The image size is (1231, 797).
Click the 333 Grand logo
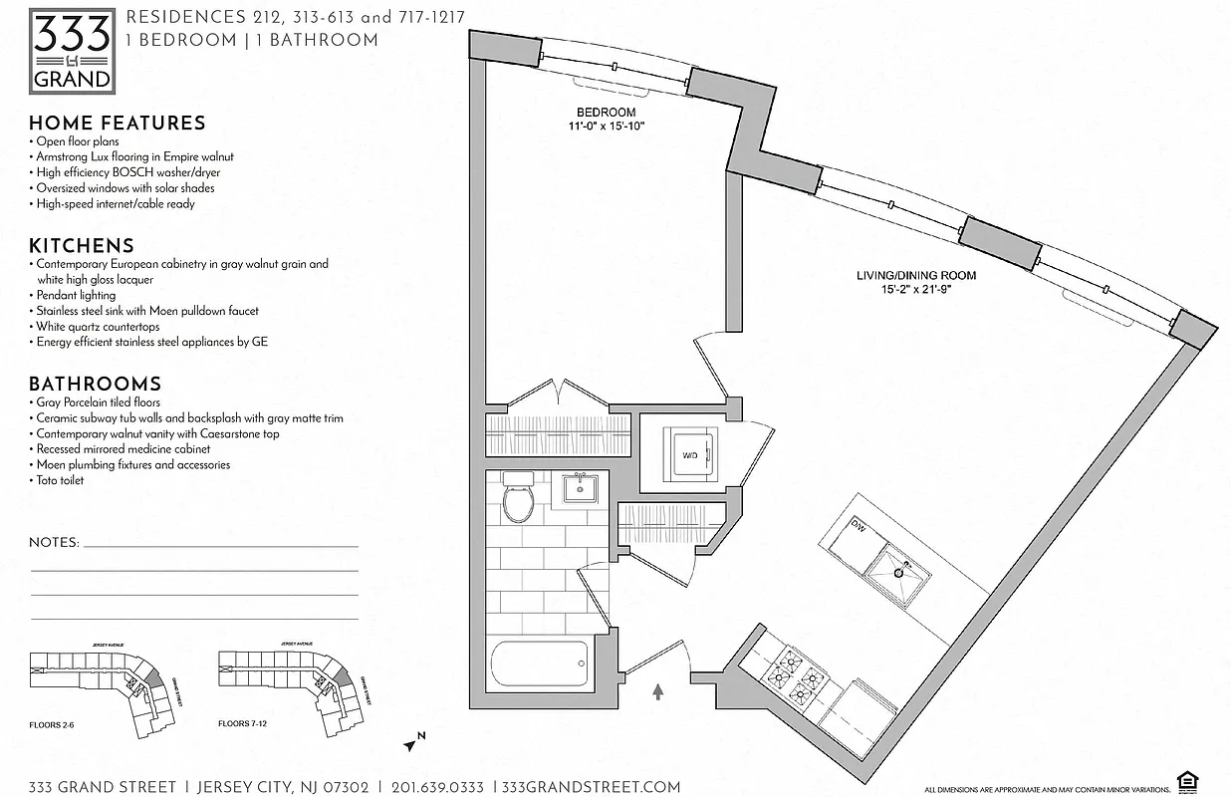coord(71,50)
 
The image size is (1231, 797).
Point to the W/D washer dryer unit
coord(689,456)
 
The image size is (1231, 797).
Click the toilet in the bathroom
coord(518,499)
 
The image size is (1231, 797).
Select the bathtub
coord(541,664)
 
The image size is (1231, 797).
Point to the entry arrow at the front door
coord(658,690)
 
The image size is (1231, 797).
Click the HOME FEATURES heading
coord(118,124)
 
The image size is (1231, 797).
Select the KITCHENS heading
coord(82,246)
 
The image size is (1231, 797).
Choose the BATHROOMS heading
coord(95,385)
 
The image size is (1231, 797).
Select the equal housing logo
coord(1186,779)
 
